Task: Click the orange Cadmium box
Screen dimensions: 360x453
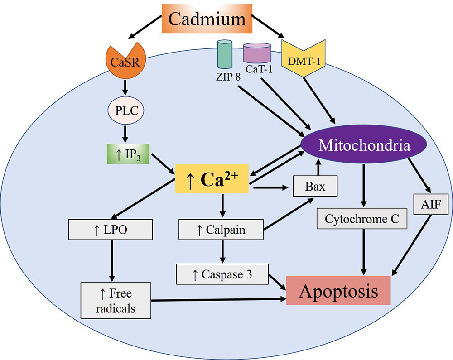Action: (207, 19)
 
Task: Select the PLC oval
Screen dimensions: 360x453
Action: (125, 109)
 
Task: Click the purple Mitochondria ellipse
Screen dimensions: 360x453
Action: (364, 145)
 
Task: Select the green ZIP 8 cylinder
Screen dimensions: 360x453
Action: (224, 56)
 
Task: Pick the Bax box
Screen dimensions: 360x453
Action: (315, 186)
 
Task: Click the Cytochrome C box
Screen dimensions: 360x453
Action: (362, 219)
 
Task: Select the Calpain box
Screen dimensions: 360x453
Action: (221, 230)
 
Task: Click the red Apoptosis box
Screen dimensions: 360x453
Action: (338, 291)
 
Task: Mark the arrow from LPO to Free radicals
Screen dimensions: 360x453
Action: (111, 260)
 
